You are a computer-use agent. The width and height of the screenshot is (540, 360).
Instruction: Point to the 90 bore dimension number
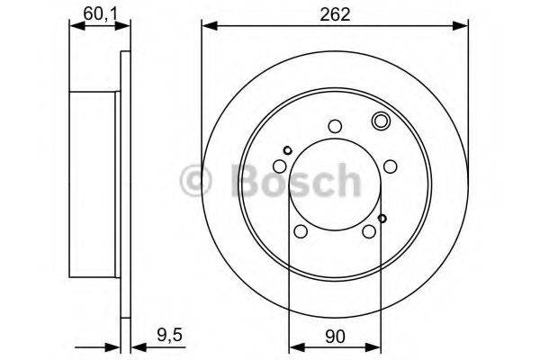point(334,337)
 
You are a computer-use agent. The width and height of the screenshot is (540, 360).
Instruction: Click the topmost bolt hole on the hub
point(335,127)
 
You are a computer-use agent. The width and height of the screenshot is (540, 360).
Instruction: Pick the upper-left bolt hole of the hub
point(281,166)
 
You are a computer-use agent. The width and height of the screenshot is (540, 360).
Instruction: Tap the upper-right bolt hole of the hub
point(390,166)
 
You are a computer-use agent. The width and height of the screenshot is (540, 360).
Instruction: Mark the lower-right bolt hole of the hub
point(369,231)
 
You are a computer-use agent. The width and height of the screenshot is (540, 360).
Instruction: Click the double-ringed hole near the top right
point(379,121)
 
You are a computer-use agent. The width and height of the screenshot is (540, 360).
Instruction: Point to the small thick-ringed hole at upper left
point(287,150)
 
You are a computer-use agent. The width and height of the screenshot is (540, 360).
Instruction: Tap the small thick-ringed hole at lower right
point(382,218)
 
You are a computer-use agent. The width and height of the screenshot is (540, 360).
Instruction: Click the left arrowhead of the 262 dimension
point(208,27)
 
